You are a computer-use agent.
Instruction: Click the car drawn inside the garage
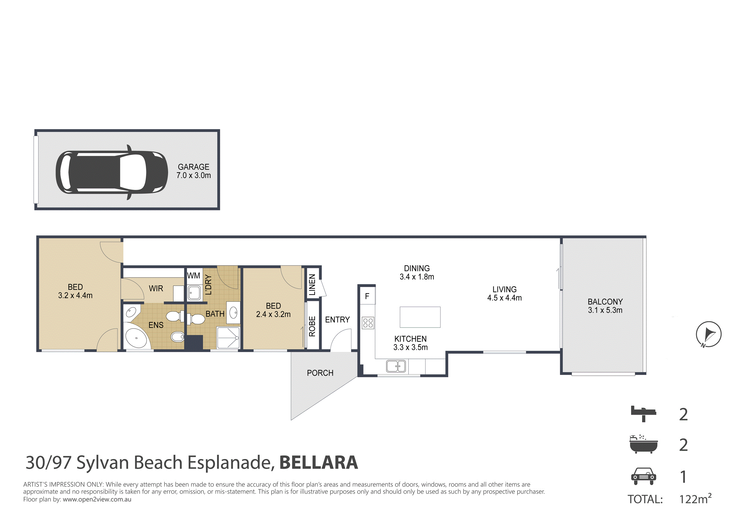112,172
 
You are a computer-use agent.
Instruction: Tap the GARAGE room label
193,167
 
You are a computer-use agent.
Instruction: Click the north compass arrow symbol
708,334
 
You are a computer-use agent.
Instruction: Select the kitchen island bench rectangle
420,317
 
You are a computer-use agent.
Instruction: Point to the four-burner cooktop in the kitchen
368,323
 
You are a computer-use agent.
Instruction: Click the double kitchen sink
396,366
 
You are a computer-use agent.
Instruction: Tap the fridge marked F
367,296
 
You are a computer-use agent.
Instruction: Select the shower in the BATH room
228,338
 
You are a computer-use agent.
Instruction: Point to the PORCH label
320,373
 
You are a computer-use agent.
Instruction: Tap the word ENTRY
337,319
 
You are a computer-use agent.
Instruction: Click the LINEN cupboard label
312,285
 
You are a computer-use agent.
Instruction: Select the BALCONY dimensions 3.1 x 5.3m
605,310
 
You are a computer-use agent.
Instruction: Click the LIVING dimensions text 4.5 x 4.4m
504,298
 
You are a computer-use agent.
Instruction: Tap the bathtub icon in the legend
643,444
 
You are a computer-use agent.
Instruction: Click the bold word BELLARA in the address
319,463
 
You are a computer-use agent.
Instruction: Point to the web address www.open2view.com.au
97,499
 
